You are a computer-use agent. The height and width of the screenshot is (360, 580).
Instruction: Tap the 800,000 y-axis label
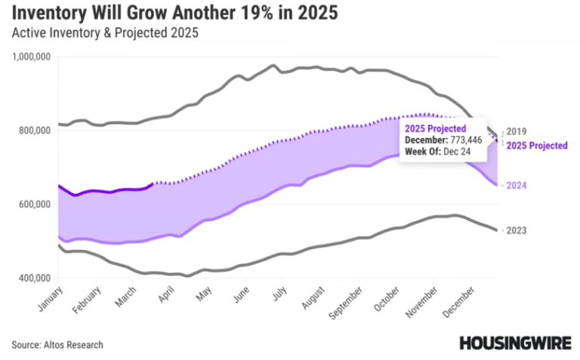pos(35,130)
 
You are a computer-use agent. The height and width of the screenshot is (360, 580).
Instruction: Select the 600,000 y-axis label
pos(35,204)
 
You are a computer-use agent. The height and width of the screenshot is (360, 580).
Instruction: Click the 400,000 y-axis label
pos(35,278)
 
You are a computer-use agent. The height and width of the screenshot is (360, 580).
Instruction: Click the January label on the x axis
pos(47,299)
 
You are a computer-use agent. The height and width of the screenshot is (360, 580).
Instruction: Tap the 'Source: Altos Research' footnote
pos(57,344)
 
